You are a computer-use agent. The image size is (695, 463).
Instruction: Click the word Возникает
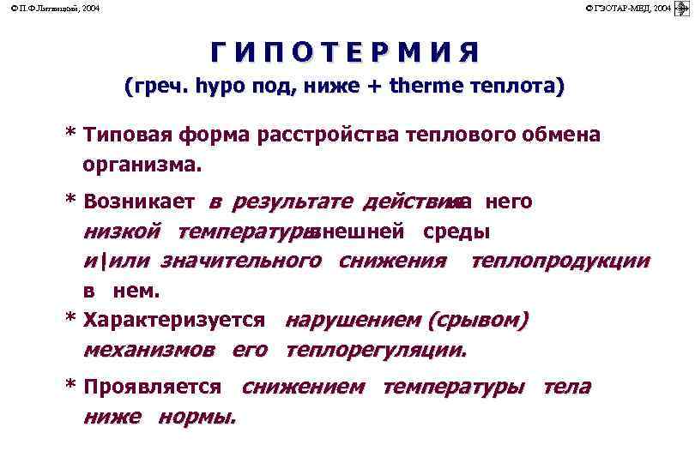(x=141, y=202)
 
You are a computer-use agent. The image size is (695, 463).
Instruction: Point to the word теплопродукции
(x=559, y=261)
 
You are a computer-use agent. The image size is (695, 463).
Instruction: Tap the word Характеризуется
(x=175, y=321)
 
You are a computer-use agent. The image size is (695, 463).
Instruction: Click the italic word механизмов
(x=149, y=350)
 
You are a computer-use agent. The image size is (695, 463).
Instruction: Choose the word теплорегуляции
(x=376, y=350)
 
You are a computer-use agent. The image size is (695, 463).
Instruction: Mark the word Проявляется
(x=153, y=388)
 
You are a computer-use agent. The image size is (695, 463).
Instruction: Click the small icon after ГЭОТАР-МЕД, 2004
(x=684, y=8)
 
